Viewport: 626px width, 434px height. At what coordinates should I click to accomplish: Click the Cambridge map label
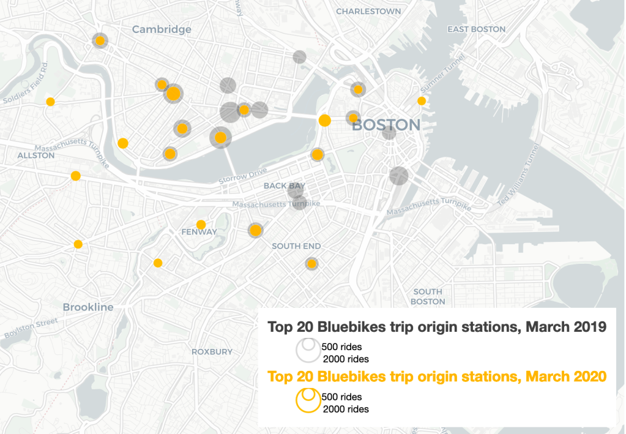162,29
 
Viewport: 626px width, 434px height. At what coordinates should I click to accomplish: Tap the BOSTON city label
386,125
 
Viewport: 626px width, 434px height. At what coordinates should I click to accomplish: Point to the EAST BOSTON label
476,29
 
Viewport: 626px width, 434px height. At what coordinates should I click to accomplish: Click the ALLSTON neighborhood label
36,155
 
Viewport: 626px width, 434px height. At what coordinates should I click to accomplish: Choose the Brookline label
88,307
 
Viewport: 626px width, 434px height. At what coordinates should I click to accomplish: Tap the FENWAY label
199,232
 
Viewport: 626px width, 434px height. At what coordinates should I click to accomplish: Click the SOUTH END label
296,246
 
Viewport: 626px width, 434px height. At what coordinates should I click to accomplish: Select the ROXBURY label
212,351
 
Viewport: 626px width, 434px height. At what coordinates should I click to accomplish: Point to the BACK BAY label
284,185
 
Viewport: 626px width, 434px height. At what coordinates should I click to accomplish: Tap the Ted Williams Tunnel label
519,175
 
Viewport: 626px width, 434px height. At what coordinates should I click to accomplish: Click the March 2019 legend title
436,327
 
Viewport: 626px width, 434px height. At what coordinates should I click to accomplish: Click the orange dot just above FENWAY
201,224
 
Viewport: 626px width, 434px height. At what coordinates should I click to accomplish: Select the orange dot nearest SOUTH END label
311,264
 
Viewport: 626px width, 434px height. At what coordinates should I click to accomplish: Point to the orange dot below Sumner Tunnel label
422,100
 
